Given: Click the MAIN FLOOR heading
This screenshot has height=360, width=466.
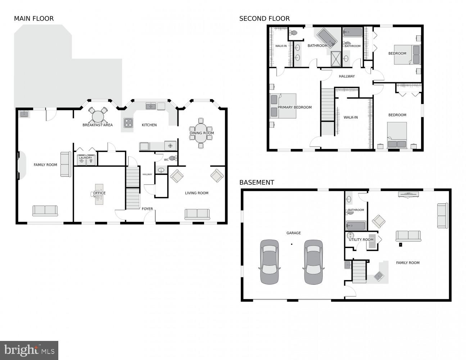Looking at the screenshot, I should [x=34, y=19].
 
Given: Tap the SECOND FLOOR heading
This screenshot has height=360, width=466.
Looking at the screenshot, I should [x=264, y=19].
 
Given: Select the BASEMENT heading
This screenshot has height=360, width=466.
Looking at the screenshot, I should [x=257, y=183].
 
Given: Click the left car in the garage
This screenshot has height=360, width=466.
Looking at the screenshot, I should [x=269, y=262].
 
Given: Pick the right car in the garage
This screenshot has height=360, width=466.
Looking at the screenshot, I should [x=313, y=262].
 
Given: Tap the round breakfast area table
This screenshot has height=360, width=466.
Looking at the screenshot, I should [x=98, y=116].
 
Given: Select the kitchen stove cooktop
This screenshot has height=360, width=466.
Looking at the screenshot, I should [x=128, y=123].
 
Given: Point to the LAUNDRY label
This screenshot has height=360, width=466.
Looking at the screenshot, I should [x=86, y=158].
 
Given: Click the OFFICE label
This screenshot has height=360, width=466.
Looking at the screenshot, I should [x=100, y=193].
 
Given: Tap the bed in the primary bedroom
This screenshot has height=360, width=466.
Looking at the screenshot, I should [x=283, y=106].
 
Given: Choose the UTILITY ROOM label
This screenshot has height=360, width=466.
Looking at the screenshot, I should [x=361, y=240].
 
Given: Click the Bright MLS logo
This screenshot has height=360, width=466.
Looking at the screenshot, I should [x=29, y=350].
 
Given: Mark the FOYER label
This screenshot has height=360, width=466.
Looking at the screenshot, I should [x=147, y=209].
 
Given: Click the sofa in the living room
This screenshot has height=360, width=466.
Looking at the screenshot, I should [x=197, y=214].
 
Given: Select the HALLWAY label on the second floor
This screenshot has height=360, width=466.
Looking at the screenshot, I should [x=347, y=76].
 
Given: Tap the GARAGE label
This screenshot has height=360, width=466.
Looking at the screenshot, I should [x=293, y=233].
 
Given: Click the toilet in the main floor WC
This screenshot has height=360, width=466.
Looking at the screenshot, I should [x=173, y=158].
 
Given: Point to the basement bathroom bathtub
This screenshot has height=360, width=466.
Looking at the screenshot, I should [x=356, y=226].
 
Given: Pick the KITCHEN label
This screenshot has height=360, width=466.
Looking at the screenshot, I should [x=149, y=125].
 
